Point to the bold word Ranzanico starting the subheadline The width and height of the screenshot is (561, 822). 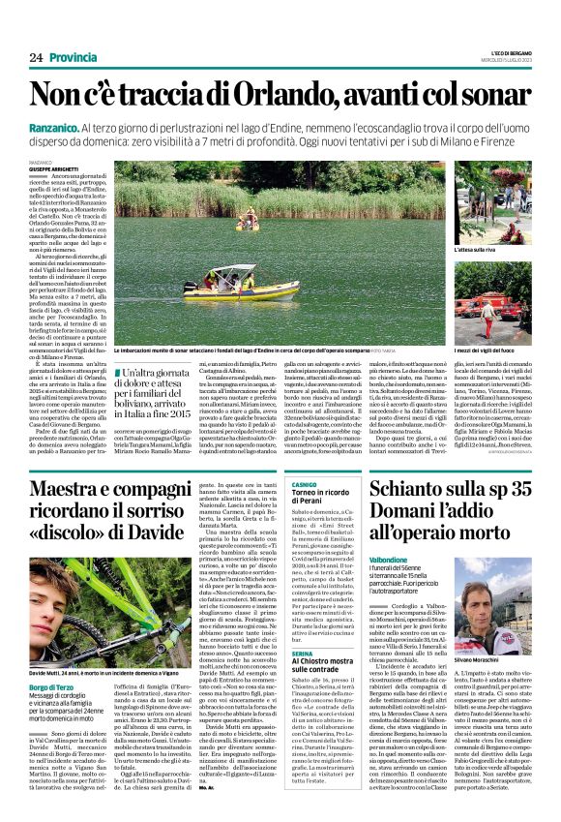tap(58, 129)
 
